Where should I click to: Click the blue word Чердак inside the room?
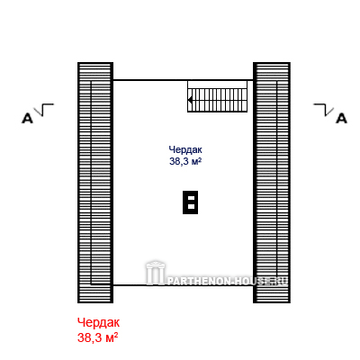(x=185, y=149)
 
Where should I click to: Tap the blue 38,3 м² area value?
(x=185, y=161)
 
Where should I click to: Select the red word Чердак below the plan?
(x=98, y=323)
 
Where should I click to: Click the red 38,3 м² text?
(x=97, y=337)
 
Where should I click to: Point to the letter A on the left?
(x=27, y=119)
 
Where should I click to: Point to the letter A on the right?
(x=341, y=119)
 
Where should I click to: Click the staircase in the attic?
(x=218, y=96)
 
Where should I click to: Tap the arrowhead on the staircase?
(x=190, y=100)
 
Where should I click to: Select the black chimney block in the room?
(x=190, y=202)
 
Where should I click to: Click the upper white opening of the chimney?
(x=191, y=198)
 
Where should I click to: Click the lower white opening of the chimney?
(x=191, y=206)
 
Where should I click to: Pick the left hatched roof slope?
(x=95, y=183)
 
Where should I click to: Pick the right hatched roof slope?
(x=272, y=183)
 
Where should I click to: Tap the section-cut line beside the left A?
(x=44, y=110)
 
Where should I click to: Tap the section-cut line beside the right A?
(x=324, y=110)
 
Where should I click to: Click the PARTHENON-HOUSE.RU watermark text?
(x=227, y=281)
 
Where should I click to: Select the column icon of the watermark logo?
(x=156, y=273)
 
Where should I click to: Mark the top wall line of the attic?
(x=183, y=80)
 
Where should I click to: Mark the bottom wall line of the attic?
(x=183, y=284)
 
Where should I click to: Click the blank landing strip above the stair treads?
(x=218, y=85)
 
